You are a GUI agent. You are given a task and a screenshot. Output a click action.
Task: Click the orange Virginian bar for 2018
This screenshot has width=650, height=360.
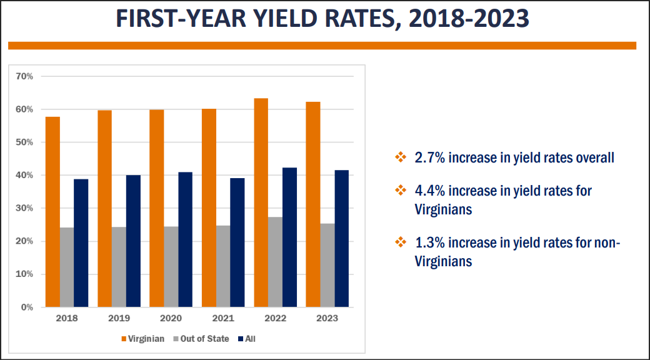pos(52,212)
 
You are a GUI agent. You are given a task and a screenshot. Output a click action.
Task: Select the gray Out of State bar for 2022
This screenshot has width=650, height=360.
pos(275,262)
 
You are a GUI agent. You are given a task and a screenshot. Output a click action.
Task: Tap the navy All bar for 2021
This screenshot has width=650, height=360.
pos(237,242)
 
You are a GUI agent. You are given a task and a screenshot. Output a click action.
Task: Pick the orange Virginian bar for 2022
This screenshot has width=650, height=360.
pos(261,202)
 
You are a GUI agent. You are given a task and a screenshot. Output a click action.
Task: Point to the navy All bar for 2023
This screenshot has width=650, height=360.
pos(342,239)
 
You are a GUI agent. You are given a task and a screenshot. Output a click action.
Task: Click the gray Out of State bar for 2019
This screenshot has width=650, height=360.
pos(119,267)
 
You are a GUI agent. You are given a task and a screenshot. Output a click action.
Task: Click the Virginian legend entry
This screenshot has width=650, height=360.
pos(143,339)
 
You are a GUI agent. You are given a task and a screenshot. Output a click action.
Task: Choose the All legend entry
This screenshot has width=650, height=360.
pos(247,339)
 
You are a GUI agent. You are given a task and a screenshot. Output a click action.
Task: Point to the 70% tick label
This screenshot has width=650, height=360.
pos(24,76)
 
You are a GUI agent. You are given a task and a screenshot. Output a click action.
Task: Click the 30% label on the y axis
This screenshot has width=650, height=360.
pos(24,208)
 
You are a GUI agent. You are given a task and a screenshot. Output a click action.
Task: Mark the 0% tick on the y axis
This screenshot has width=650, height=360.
pos(27,307)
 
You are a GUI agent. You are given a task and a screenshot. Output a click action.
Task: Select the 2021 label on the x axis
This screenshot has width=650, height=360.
pos(223,319)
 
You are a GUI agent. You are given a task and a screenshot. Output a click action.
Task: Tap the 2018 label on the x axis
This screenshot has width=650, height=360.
pos(67,319)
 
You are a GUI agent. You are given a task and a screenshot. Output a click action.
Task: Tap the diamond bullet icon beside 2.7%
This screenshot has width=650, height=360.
pos(400,157)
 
